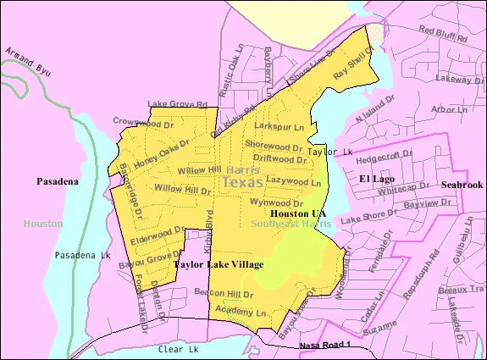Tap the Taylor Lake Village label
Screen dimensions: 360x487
point(219,264)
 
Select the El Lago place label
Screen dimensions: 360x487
point(378,179)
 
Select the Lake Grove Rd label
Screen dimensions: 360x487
point(178,105)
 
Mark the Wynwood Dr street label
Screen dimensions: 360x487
point(276,203)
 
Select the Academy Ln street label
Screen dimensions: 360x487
point(245,313)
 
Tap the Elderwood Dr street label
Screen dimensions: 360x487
point(158,230)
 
